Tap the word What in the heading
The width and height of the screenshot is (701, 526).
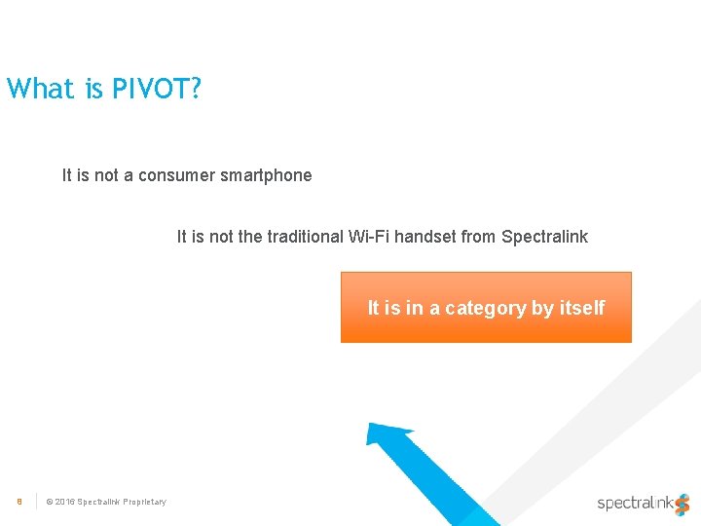[x=40, y=89]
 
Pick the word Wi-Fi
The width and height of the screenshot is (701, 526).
[x=364, y=236]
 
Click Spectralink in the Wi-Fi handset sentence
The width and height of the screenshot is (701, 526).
[x=544, y=236]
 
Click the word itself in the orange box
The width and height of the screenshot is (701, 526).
[x=581, y=308]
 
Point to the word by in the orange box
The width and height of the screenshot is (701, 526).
[x=542, y=308]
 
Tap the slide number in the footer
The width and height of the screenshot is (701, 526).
[x=18, y=502]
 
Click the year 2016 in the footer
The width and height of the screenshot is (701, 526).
[x=64, y=502]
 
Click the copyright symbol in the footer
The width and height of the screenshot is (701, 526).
[x=50, y=502]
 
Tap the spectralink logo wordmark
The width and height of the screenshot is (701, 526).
[x=634, y=504]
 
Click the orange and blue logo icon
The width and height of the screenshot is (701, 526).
[x=682, y=504]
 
